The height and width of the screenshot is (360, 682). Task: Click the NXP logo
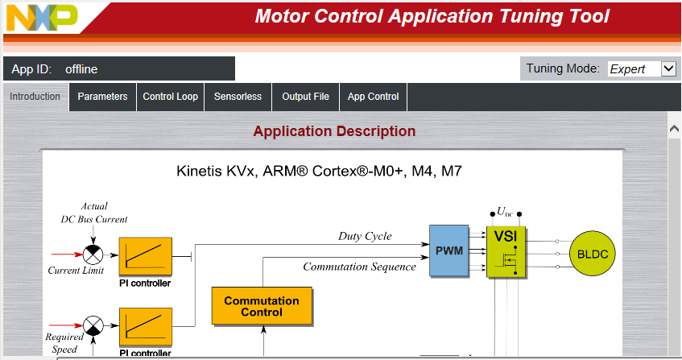[x=42, y=18]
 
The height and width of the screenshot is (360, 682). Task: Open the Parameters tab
[x=102, y=97]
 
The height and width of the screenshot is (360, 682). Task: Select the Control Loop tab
[x=171, y=97]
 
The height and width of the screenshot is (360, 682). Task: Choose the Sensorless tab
[x=238, y=97]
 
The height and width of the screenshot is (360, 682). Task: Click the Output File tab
[x=306, y=97]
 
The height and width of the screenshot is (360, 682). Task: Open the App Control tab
[x=373, y=97]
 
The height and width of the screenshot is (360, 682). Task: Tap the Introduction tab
[x=35, y=97]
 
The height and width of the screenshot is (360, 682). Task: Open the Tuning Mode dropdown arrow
[x=668, y=68]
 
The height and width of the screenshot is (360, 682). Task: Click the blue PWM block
[x=448, y=250]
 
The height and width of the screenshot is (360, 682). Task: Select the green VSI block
[x=506, y=252]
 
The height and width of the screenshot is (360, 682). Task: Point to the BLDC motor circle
[x=593, y=254]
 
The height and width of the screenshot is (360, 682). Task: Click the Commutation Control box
[x=262, y=306]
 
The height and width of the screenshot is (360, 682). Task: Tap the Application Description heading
[x=334, y=131]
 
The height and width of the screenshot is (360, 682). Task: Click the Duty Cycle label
[x=365, y=236]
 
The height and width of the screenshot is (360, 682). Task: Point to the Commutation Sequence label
[x=360, y=267]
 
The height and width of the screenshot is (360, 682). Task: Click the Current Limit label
[x=76, y=271]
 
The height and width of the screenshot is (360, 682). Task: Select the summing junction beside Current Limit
[x=93, y=254]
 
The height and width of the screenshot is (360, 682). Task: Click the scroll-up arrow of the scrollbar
[x=674, y=129]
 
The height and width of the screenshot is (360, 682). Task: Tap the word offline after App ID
[x=81, y=69]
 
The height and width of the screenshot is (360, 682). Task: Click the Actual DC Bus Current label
[x=94, y=213]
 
